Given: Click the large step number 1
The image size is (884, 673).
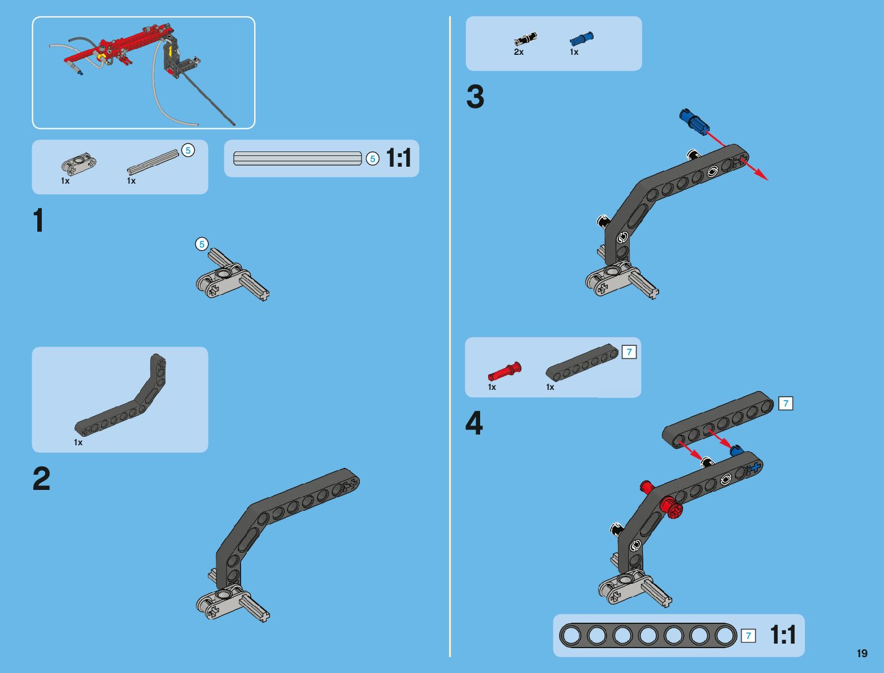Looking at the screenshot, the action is pyautogui.click(x=38, y=221).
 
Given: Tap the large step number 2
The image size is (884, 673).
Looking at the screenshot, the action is pyautogui.click(x=41, y=479).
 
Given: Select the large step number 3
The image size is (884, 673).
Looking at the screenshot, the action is pyautogui.click(x=475, y=97).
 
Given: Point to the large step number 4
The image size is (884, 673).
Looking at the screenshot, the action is pyautogui.click(x=474, y=424).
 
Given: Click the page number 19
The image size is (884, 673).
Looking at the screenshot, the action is pyautogui.click(x=861, y=654).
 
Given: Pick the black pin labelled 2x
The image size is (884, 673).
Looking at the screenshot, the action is pyautogui.click(x=525, y=39).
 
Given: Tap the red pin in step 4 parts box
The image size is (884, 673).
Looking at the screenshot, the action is pyautogui.click(x=504, y=371).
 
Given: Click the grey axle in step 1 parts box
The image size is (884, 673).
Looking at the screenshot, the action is pyautogui.click(x=153, y=162).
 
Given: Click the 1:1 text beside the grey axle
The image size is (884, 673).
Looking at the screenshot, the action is pyautogui.click(x=399, y=158).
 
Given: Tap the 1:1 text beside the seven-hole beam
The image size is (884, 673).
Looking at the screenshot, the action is pyautogui.click(x=783, y=636).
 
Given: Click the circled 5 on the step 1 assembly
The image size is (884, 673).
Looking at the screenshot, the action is pyautogui.click(x=202, y=244).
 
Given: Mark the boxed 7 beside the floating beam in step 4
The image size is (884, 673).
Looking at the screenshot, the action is pyautogui.click(x=785, y=403).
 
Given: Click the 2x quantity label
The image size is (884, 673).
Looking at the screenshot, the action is pyautogui.click(x=519, y=52).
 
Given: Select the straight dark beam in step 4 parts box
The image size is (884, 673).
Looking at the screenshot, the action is pyautogui.click(x=582, y=362).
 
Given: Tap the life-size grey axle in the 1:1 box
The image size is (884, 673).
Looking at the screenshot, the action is pyautogui.click(x=298, y=158).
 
